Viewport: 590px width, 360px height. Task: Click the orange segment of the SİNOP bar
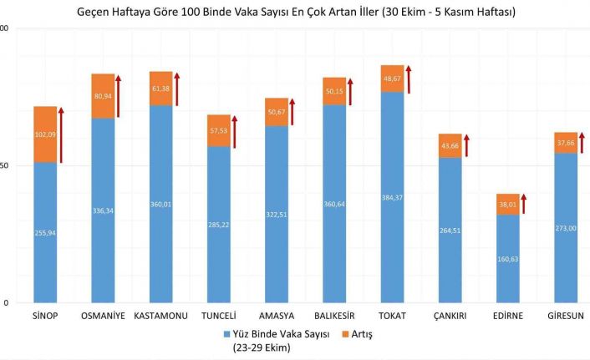coord(45,134)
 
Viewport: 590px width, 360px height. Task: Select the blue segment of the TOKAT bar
coord(392,197)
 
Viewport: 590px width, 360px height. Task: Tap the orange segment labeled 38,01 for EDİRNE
coord(507,205)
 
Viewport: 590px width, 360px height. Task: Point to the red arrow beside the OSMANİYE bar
coord(118,96)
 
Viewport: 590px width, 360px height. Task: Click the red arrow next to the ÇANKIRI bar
coord(466,145)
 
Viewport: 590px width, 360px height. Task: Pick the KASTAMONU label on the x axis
coord(160,316)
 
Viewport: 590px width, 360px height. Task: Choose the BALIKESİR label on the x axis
coord(334,316)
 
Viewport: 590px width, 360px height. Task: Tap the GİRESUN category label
coord(566,316)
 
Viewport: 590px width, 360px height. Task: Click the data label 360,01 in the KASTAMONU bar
coord(160,205)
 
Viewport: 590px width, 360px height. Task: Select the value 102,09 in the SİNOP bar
coord(45,134)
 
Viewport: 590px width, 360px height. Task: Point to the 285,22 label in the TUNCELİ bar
coord(219,225)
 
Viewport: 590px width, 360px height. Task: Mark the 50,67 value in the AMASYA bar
coord(277,112)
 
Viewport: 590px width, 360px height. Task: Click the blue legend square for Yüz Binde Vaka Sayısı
coord(226,334)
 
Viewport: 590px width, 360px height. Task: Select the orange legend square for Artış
coord(345,334)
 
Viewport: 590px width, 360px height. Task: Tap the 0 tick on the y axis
coord(6,303)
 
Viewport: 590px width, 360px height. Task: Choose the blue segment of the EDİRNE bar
coord(507,259)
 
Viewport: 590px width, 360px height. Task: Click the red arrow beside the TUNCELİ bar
coord(234,132)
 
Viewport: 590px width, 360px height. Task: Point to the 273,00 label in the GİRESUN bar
coord(566,228)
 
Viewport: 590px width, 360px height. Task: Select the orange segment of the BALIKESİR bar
coord(334,91)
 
